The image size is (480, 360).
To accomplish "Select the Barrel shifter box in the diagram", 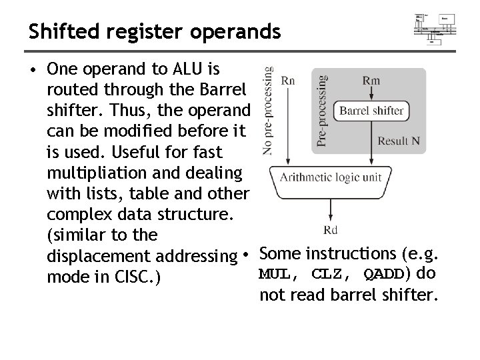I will (372, 111).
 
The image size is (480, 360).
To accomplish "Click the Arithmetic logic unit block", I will (331, 176).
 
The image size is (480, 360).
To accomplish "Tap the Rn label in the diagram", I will (288, 80).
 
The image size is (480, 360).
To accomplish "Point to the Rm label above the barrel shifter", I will (372, 80).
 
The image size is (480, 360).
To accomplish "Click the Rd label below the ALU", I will (331, 231).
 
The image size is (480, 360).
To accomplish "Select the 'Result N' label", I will (399, 141).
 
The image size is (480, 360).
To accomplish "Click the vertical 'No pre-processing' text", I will (267, 110).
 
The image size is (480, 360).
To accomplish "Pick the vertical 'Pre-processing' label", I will (322, 110).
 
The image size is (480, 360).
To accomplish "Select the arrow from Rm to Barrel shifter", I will (372, 94).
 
